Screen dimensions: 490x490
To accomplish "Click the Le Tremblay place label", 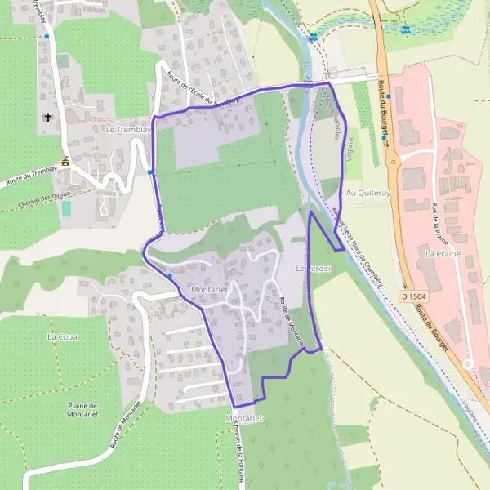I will (x=128, y=130).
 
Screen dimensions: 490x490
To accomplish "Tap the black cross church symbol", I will (x=48, y=118).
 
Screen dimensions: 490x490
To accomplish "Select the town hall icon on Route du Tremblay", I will (x=66, y=161).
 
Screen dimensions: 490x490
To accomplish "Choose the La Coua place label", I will (x=61, y=336).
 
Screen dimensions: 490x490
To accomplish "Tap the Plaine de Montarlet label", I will (x=82, y=410).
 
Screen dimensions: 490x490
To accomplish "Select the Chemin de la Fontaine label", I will (x=237, y=453).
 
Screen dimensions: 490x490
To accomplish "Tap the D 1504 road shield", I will (x=414, y=295).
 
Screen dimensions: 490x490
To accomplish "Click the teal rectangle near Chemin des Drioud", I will (x=66, y=208).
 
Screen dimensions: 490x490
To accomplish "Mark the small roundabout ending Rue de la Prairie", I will (x=468, y=364).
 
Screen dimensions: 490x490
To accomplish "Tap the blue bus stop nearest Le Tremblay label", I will (x=150, y=171).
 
